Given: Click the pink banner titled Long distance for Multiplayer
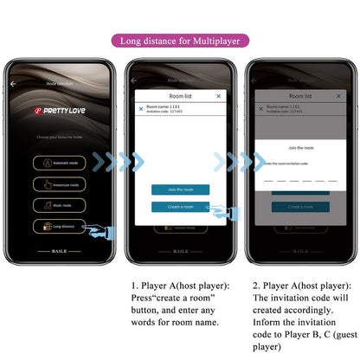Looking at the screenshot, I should pos(179,40).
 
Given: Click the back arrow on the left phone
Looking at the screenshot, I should pos(14,84).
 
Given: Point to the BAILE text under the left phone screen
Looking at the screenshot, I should pos(60,251).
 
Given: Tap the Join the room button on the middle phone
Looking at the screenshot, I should pos(180,190).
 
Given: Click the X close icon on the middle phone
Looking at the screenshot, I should pos(218,96).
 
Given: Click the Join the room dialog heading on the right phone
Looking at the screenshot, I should pos(300,148).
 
